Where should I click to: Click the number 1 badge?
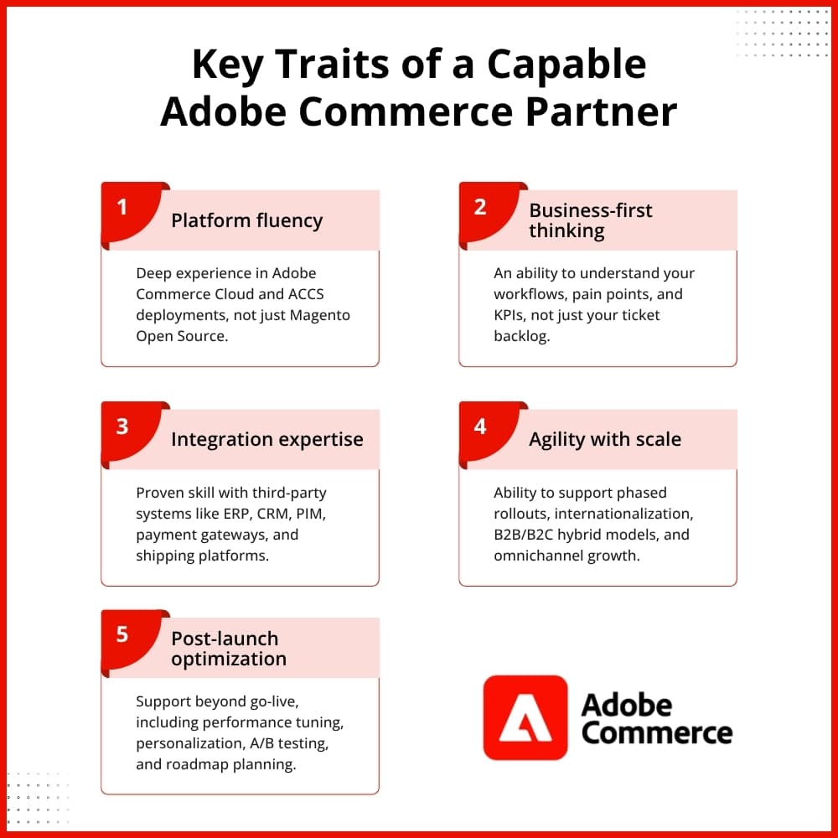128,212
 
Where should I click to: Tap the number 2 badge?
486,212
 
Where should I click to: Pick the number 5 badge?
128,639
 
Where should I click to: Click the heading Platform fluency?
247,220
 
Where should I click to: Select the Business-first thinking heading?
591,220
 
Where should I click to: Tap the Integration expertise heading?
267,439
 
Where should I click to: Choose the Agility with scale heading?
605,439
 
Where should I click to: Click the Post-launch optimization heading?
229,649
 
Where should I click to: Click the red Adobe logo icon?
525,717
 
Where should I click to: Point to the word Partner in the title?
601,111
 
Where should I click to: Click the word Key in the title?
227,65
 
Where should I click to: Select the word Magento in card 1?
319,315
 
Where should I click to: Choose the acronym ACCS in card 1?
306,294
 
